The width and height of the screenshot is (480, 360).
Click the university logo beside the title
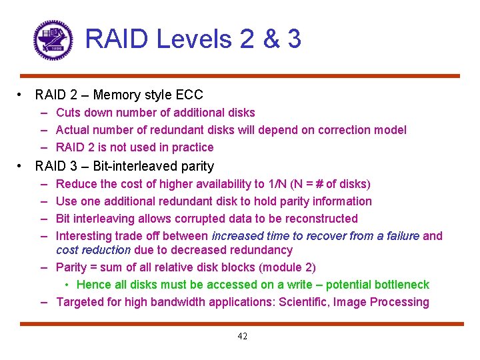pos(53,40)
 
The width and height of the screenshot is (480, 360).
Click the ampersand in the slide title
pos(271,39)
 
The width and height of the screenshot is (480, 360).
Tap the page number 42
pos(242,337)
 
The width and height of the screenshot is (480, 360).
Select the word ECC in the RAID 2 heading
pos(189,95)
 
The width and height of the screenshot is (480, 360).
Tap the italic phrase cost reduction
pos(93,250)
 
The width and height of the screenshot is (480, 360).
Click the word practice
pos(193,147)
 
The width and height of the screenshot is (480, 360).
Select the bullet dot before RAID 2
pos(23,95)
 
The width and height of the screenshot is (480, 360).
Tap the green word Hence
pos(92,285)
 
